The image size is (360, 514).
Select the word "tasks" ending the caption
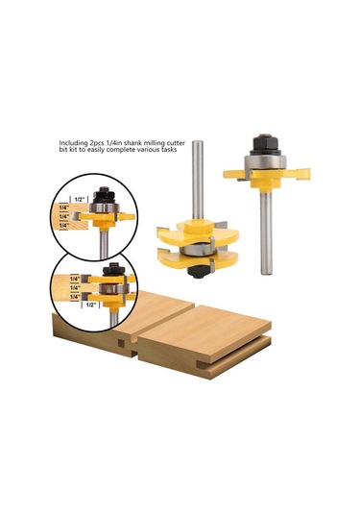[169, 150]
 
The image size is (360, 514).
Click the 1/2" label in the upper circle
[80, 200]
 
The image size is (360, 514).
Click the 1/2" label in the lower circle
[91, 306]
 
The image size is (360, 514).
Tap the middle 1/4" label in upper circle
[63, 217]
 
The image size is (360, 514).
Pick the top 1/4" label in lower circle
[75, 279]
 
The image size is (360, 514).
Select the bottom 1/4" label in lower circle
[75, 296]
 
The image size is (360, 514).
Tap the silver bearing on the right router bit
[266, 162]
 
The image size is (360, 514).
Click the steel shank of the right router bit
[266, 232]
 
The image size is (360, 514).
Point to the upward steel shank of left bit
[198, 180]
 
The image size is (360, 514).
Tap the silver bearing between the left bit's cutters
[197, 250]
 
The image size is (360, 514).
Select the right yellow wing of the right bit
[296, 173]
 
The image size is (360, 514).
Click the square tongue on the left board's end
[121, 344]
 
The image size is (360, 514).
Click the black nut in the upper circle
[104, 195]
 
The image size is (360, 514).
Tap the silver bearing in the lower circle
[113, 289]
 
